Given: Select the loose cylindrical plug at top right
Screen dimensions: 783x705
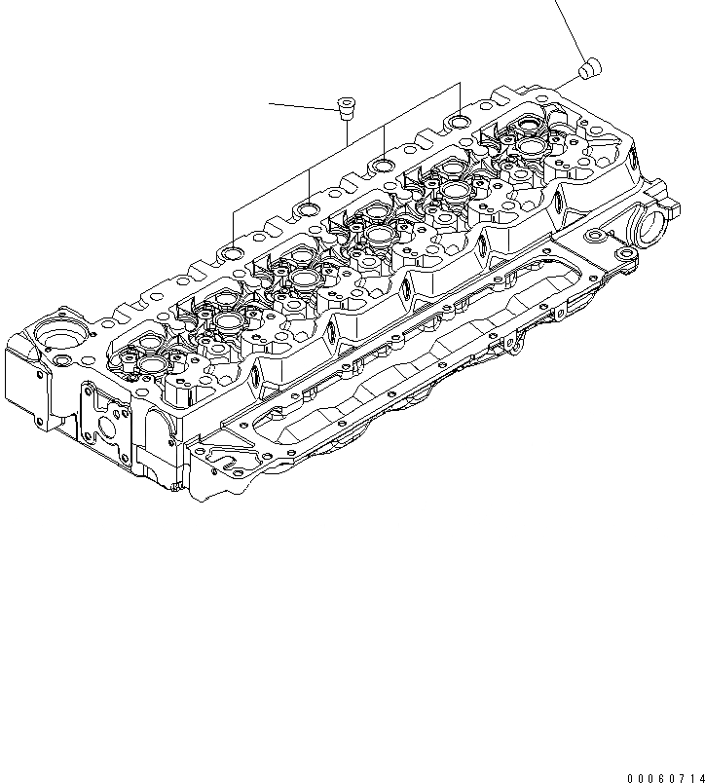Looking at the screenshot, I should click(x=589, y=68).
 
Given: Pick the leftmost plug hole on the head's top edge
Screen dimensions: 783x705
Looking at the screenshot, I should click(x=233, y=254).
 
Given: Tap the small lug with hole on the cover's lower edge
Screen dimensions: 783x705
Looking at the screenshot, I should click(x=507, y=341).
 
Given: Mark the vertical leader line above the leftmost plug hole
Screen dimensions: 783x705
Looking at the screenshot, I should click(x=233, y=228).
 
